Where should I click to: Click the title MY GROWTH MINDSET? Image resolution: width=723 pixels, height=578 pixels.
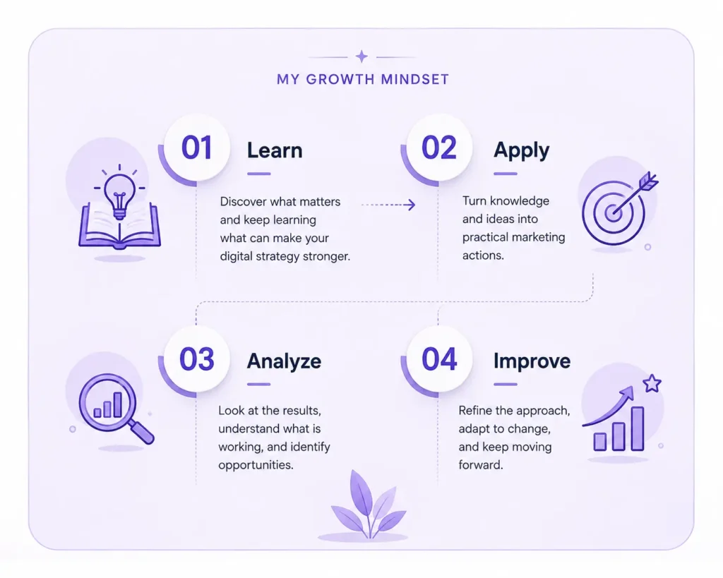(363, 79)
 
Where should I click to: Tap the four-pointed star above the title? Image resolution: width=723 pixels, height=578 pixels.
(362, 56)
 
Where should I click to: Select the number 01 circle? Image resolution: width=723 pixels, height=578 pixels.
(197, 147)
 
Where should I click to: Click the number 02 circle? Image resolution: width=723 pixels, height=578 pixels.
(439, 147)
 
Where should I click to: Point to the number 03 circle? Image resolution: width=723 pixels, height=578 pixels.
(197, 359)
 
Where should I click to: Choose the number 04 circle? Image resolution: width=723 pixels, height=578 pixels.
(439, 359)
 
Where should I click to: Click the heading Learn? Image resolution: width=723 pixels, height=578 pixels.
(275, 150)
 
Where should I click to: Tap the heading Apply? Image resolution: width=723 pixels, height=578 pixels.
(522, 151)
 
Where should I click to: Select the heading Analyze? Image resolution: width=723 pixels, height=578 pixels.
(284, 361)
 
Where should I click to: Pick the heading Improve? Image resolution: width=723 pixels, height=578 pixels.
(532, 361)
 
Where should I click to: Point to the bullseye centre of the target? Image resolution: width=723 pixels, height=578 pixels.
(613, 213)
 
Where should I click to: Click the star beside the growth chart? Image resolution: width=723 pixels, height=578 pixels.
(652, 383)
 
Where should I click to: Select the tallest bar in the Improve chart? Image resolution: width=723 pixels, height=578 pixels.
(638, 428)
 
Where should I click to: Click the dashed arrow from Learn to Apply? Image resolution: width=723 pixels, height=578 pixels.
(388, 205)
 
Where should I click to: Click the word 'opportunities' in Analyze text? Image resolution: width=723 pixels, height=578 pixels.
(256, 465)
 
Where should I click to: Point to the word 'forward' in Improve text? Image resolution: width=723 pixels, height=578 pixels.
(480, 464)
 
